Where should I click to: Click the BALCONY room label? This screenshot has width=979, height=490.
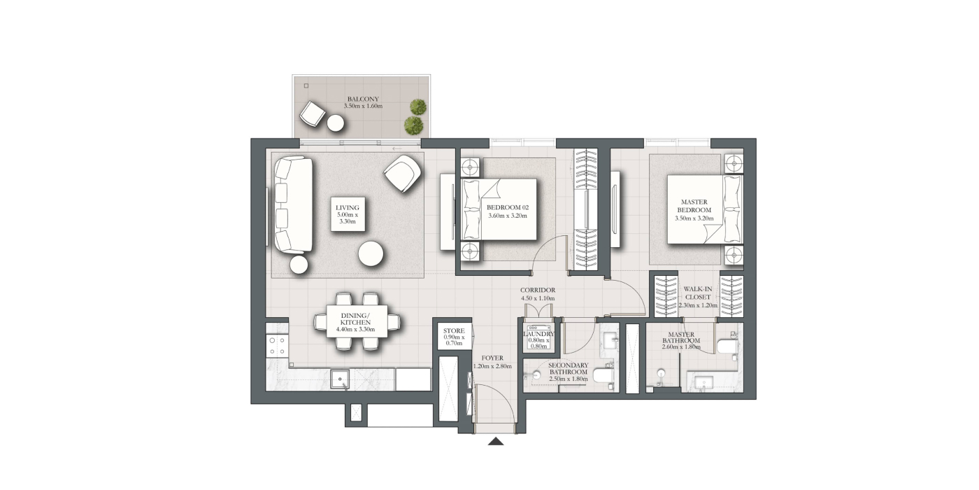click(x=363, y=99)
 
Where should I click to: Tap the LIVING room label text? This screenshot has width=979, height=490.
click(x=348, y=208)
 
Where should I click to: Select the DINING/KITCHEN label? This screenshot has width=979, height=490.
click(x=355, y=319)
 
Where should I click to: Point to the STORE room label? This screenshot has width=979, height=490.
click(x=454, y=330)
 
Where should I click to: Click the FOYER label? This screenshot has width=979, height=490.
click(x=492, y=358)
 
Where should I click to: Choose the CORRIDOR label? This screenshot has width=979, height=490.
click(x=538, y=290)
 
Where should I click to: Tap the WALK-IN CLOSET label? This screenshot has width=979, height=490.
click(x=698, y=293)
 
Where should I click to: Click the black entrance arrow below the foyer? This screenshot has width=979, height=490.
click(x=496, y=441)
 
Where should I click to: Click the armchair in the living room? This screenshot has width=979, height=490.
click(x=403, y=174)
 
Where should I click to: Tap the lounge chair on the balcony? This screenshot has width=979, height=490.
click(x=313, y=113)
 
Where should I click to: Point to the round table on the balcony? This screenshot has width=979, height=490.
click(x=336, y=122)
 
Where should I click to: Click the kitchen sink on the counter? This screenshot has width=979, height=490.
click(x=340, y=379)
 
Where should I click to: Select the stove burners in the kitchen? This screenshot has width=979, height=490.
click(x=277, y=345)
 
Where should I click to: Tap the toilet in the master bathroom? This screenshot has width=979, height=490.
click(x=727, y=346)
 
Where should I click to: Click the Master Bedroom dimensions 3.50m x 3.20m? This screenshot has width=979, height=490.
click(x=694, y=218)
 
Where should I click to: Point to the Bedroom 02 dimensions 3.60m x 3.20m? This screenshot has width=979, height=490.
click(x=508, y=216)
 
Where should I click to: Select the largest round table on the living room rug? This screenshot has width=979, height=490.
click(x=371, y=253)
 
